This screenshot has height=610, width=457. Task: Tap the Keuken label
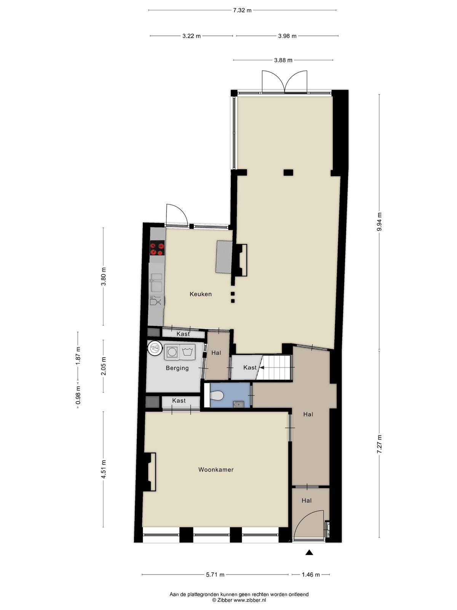click(201, 294)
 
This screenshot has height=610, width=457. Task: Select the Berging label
click(177, 368)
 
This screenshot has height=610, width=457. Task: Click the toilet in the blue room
click(217, 395)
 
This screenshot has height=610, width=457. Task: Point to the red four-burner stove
click(157, 248)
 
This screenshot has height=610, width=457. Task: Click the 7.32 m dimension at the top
click(242, 10)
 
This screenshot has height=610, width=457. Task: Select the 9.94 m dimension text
click(379, 222)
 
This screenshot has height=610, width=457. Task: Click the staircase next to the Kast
click(275, 368)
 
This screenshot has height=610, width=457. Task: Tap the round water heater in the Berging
click(155, 348)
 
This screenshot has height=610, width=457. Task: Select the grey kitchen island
click(224, 257)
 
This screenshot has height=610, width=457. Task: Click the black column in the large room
click(288, 173)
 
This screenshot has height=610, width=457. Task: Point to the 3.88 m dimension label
click(283, 60)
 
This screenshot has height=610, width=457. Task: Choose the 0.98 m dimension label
click(78, 395)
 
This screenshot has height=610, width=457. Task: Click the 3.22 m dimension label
click(192, 36)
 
